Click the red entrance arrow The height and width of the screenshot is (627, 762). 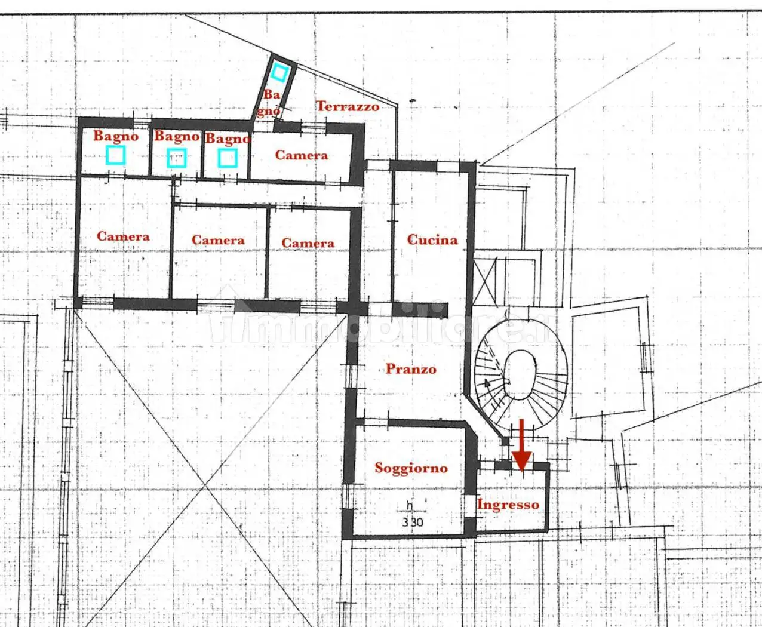[x=522, y=445]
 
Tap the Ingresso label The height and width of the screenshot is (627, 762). [x=508, y=505]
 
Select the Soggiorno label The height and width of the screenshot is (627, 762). [x=411, y=468]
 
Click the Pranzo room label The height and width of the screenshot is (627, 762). [x=411, y=368]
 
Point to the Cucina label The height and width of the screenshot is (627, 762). [x=432, y=239]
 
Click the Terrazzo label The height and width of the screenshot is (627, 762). [x=348, y=106]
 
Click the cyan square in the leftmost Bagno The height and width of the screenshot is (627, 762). [x=116, y=155]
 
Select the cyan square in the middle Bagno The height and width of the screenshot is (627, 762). [x=177, y=158]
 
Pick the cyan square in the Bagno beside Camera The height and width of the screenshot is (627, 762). [x=228, y=158]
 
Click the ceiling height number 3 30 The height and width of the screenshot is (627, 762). [x=412, y=522]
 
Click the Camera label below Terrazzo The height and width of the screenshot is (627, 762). [x=302, y=155]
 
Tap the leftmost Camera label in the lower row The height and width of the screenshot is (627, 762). [x=123, y=236]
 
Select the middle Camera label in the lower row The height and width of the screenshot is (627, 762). [x=218, y=240]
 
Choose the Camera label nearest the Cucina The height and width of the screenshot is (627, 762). [x=308, y=243]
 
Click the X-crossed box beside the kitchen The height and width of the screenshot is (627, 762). [x=485, y=281]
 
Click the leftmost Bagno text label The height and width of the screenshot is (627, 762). [x=116, y=136]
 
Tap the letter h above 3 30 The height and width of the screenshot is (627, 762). [x=410, y=505]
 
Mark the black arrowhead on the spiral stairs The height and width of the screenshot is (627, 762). [x=487, y=383]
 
